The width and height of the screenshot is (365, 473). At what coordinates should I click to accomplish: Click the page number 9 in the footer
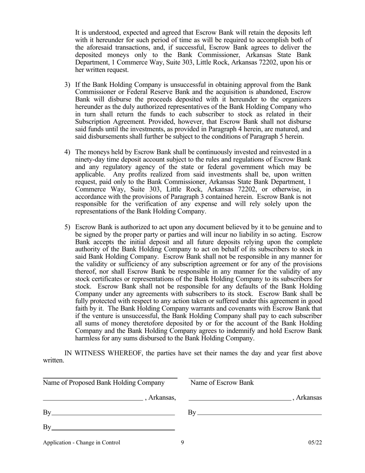click(182, 442)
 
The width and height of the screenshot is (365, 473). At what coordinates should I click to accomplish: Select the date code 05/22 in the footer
click(315, 442)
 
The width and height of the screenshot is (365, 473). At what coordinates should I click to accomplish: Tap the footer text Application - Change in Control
click(81, 442)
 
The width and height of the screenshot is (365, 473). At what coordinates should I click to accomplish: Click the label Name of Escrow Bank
click(222, 383)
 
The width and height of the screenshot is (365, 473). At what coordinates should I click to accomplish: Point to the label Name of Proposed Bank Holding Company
click(104, 383)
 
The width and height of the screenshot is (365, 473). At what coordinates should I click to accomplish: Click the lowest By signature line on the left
click(113, 429)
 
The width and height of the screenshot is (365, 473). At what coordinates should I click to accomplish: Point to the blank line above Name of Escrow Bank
click(254, 378)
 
